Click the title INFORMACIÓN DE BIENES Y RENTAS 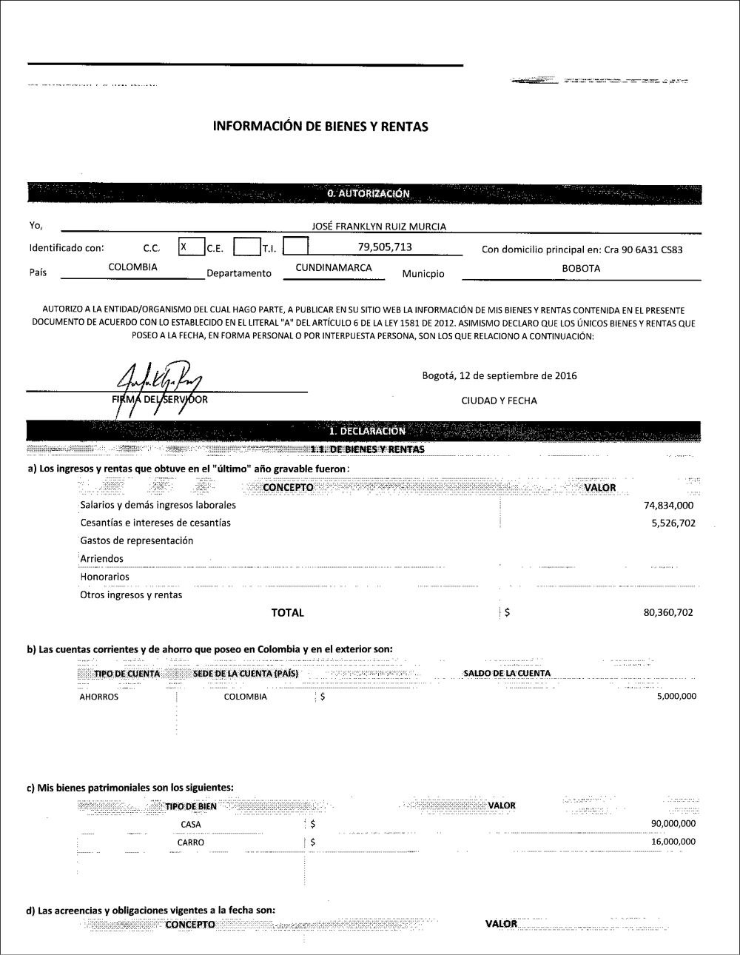(x=320, y=127)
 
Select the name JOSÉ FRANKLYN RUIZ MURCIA (x=380, y=227)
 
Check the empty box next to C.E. (x=245, y=247)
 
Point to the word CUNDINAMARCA (x=333, y=268)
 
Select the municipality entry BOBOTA (x=581, y=269)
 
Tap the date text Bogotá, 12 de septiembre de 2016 (x=499, y=375)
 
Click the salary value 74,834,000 (x=669, y=506)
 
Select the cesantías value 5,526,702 (x=673, y=523)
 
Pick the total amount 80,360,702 (x=669, y=612)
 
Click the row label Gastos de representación (x=136, y=540)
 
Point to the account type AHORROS (x=98, y=697)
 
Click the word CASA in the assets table (x=190, y=824)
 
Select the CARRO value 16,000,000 (x=673, y=842)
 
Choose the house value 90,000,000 (x=673, y=824)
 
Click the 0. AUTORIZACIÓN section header (x=368, y=193)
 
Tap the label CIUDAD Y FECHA (x=499, y=401)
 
